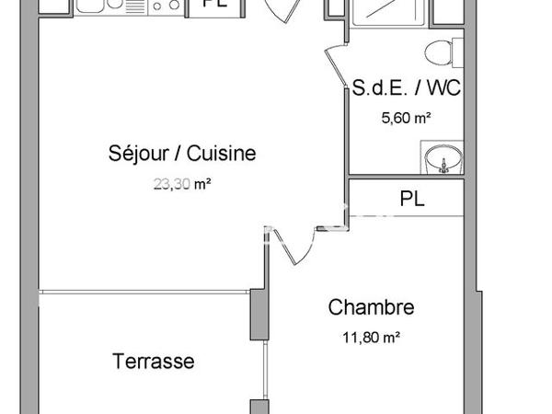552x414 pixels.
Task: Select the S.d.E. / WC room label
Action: click(x=407, y=89)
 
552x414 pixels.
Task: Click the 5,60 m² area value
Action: click(x=406, y=117)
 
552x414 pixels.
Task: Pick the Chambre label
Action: click(x=371, y=307)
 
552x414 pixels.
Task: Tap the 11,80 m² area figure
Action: click(x=370, y=338)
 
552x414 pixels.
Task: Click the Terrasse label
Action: click(x=154, y=361)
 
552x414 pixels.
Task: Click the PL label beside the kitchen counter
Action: click(x=216, y=5)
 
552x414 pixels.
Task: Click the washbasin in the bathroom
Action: click(x=443, y=160)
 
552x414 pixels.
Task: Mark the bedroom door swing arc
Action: click(x=287, y=244)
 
